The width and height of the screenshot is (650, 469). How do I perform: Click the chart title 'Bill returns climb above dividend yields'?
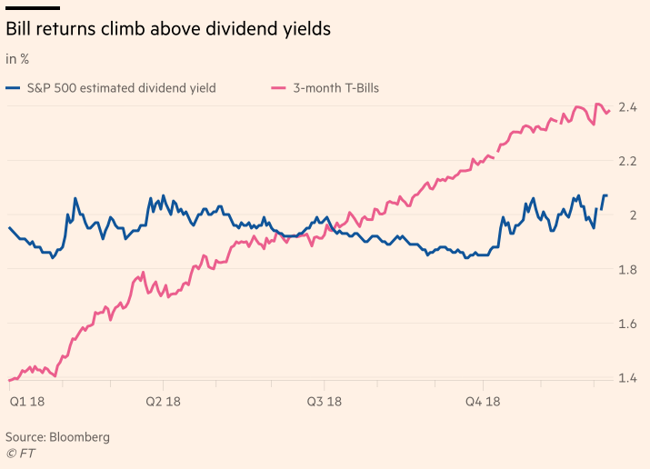[168, 30]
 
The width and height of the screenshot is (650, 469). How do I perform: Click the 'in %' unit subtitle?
[17, 60]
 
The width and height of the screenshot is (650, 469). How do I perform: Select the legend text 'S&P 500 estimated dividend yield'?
[122, 88]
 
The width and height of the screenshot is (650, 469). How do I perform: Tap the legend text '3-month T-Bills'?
[335, 88]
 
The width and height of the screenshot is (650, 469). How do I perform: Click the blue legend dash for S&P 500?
[13, 88]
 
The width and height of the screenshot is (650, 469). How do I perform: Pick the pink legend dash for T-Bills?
[279, 88]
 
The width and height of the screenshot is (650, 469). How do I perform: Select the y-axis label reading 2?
[633, 215]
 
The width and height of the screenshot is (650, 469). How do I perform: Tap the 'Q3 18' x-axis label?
[324, 401]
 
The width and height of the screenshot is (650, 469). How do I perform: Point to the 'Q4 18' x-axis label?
[484, 401]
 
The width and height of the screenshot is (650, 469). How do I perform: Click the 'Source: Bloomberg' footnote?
[57, 437]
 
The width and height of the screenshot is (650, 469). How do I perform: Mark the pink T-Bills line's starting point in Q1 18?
[9, 380]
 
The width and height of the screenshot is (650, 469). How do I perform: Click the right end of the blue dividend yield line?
[606, 196]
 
